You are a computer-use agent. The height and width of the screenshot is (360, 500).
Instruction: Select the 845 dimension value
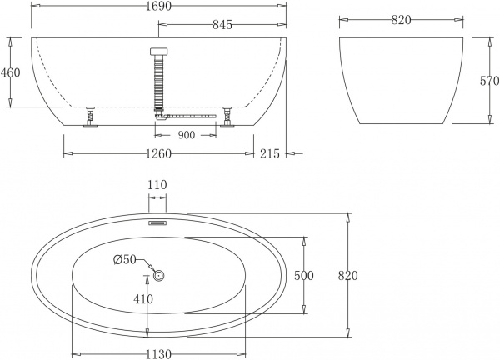click(222, 25)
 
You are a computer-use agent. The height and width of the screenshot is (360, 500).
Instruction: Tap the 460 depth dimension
click(10, 72)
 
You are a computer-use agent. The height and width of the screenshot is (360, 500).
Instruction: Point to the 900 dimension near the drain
click(187, 135)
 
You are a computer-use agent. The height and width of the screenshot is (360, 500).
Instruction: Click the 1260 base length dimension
click(158, 153)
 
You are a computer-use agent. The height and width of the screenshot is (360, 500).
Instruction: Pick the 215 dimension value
click(268, 153)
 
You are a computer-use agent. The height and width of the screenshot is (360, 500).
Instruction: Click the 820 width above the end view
click(401, 20)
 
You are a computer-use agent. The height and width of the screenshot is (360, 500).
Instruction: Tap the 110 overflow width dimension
click(157, 185)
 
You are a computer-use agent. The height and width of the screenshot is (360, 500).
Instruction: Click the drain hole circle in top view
click(158, 275)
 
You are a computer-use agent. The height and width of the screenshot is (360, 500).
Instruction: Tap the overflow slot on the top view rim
click(158, 222)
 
